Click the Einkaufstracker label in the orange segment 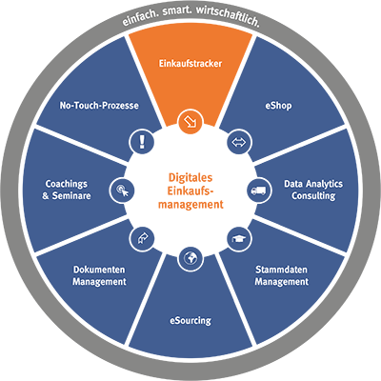pyautogui.click(x=190, y=63)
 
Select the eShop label pyautogui.click(x=278, y=106)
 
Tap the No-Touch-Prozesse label pyautogui.click(x=99, y=106)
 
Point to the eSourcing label pyautogui.click(x=190, y=320)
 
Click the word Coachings pyautogui.click(x=67, y=184)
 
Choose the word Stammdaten pyautogui.click(x=281, y=270)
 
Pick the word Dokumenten pyautogui.click(x=99, y=270)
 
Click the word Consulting pyautogui.click(x=313, y=196)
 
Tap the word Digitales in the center pyautogui.click(x=190, y=177)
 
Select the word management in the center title pyautogui.click(x=190, y=204)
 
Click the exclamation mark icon pyautogui.click(x=142, y=141)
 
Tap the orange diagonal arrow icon pyautogui.click(x=190, y=121)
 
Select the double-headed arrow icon pyautogui.click(x=239, y=142)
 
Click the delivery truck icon pyautogui.click(x=259, y=190)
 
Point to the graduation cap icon pyautogui.click(x=239, y=239)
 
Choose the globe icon pyautogui.click(x=190, y=259)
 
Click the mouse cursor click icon pyautogui.click(x=122, y=190)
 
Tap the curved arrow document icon pyautogui.click(x=142, y=239)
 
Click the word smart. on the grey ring pyautogui.click(x=176, y=11)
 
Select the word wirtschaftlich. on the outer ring pyautogui.click(x=228, y=16)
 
